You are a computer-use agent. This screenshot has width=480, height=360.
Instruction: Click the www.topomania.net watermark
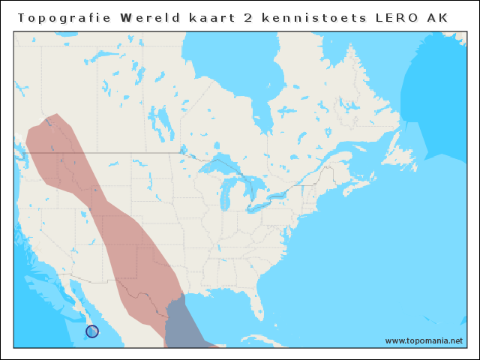click(x=424, y=340)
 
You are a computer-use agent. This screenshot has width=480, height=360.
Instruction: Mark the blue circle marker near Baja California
click(x=92, y=330)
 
